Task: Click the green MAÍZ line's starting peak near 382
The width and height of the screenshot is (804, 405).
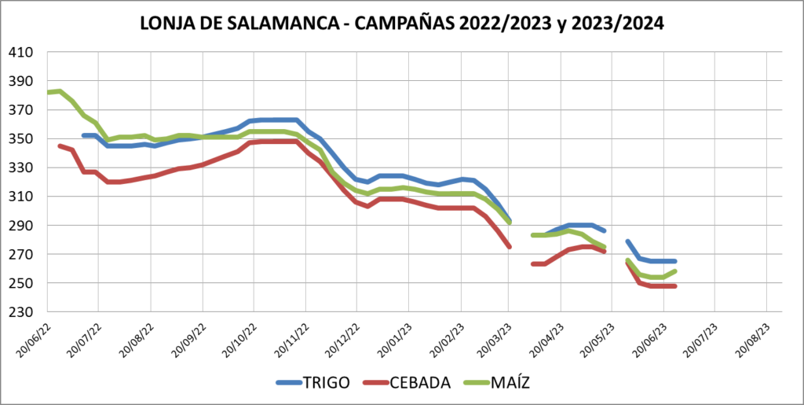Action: pyautogui.click(x=60, y=91)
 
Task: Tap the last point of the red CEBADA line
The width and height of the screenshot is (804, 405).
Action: pyautogui.click(x=675, y=285)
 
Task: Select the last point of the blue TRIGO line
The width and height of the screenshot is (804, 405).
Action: pyautogui.click(x=675, y=261)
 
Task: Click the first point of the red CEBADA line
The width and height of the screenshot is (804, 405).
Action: pyautogui.click(x=60, y=145)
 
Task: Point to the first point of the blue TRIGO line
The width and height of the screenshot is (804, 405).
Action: pyautogui.click(x=83, y=135)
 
